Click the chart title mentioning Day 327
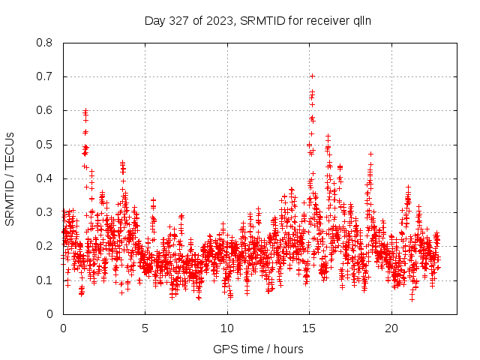pos(259,20)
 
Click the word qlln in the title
pos(363,20)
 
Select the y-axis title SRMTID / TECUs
pos(10,178)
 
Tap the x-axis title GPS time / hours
pos(259,349)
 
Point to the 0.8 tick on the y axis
pos(46,43)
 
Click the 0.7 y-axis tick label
pos(46,76)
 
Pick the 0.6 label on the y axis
pos(46,110)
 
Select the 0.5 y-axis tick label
pos(46,145)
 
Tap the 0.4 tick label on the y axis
pos(46,178)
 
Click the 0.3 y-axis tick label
pos(46,212)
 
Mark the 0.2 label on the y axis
pos(46,246)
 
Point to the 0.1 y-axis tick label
pos(46,280)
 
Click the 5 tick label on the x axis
pos(145,328)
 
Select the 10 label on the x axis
pos(226,328)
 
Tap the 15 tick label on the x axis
pos(308,328)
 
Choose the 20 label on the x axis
pos(391,328)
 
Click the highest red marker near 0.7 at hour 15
pos(312,76)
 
